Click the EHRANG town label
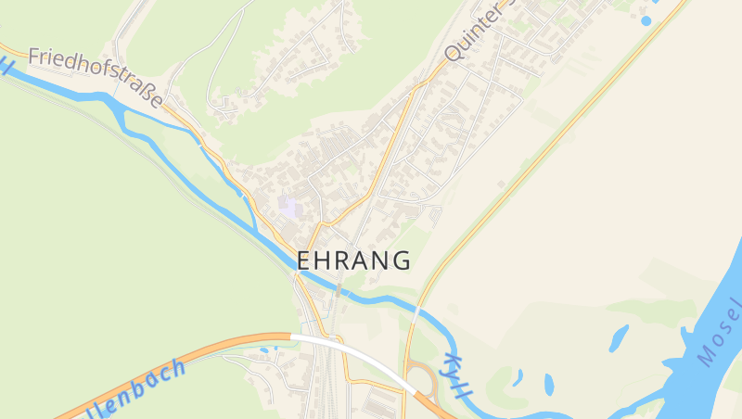coord(353,260)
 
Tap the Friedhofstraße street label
coord(96,76)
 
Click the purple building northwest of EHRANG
coord(289,207)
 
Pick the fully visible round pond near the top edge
coord(646,20)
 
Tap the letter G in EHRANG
coord(402,260)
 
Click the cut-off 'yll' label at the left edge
coord(6,65)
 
